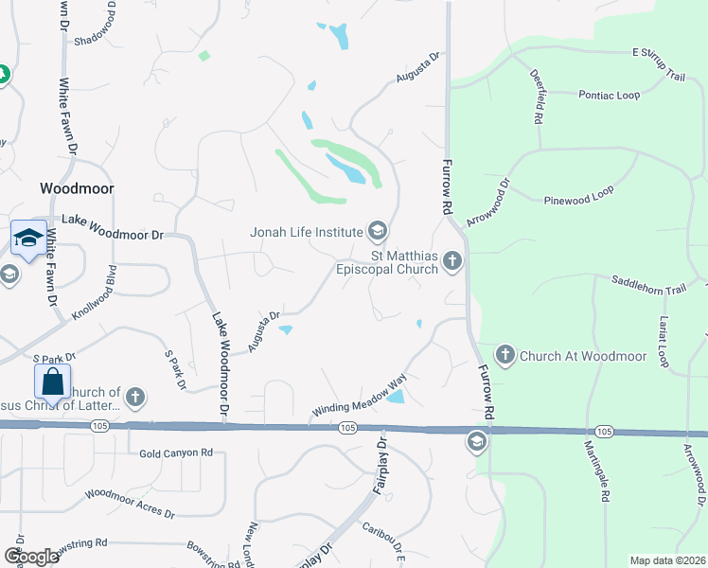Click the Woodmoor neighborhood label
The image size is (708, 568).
point(77,188)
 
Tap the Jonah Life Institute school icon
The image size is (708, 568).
point(378,230)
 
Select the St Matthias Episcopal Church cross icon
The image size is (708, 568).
point(452,260)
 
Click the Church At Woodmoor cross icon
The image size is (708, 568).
point(504,356)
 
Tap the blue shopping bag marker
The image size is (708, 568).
point(53,383)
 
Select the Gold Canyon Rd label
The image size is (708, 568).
point(175,453)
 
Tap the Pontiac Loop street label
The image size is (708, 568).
point(609,95)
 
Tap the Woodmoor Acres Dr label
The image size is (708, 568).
point(130,503)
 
